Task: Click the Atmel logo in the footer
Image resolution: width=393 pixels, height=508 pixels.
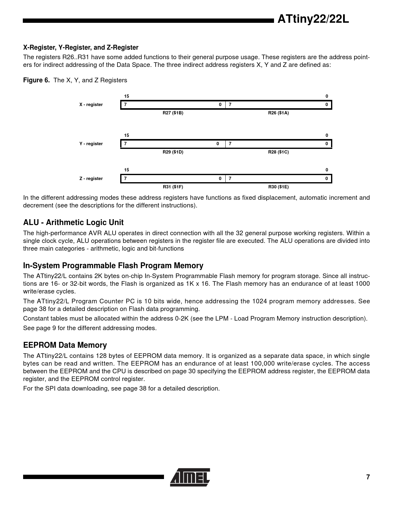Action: coord(190,477)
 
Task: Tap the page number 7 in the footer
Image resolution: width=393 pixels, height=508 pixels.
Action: coord(368,477)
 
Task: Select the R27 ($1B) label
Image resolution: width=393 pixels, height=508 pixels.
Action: coord(173,113)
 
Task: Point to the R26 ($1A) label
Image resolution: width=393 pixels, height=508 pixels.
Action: coord(278,113)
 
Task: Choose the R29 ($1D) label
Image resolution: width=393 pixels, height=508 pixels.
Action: coord(173,152)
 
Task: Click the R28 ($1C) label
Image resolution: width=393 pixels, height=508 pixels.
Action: coord(278,152)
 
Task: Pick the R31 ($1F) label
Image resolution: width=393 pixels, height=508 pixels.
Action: coord(173,187)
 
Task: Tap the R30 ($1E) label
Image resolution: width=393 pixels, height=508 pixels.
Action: coord(278,187)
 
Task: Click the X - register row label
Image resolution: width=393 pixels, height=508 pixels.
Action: coord(91,104)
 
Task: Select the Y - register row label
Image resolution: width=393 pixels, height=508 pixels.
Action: coord(91,144)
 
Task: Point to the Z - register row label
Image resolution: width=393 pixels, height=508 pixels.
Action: coord(91,178)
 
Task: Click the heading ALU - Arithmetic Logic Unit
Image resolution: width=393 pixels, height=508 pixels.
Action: coord(73,223)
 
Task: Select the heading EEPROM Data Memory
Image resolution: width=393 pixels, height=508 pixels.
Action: coord(65,345)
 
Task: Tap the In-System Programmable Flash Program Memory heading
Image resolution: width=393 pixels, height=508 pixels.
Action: coord(113,266)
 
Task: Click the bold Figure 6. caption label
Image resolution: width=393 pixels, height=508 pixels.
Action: coord(36,80)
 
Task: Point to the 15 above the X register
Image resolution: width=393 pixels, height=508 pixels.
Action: coord(127,96)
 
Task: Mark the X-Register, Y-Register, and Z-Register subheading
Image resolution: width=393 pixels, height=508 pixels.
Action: coord(81,47)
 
